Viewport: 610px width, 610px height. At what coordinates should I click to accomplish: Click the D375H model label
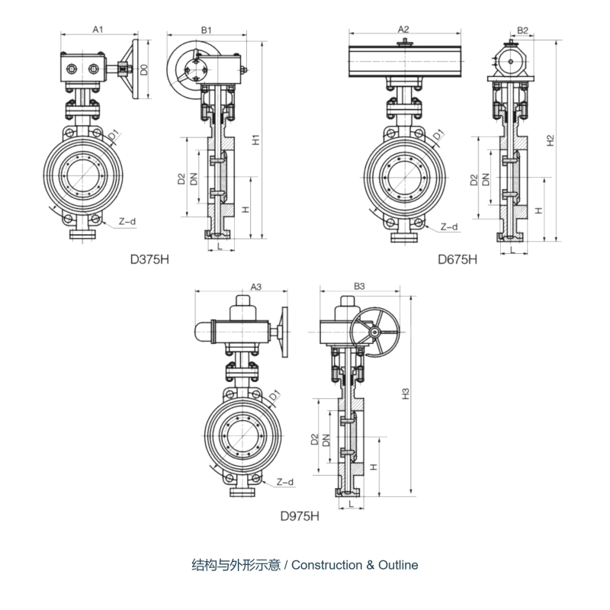[x=149, y=259]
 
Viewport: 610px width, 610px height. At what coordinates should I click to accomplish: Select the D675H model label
[x=457, y=259]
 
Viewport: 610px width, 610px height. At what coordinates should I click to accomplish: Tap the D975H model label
[x=300, y=516]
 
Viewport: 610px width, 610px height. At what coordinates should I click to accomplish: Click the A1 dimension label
[x=98, y=29]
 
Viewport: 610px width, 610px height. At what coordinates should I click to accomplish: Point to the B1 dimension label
[x=206, y=30]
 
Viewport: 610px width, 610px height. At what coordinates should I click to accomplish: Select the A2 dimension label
[x=404, y=29]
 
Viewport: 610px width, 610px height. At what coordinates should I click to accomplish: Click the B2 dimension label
[x=523, y=30]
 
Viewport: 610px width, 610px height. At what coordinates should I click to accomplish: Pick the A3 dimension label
[x=256, y=287]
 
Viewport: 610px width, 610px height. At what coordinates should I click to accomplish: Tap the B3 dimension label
[x=359, y=287]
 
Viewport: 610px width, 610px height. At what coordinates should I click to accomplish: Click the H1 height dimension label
[x=255, y=140]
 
